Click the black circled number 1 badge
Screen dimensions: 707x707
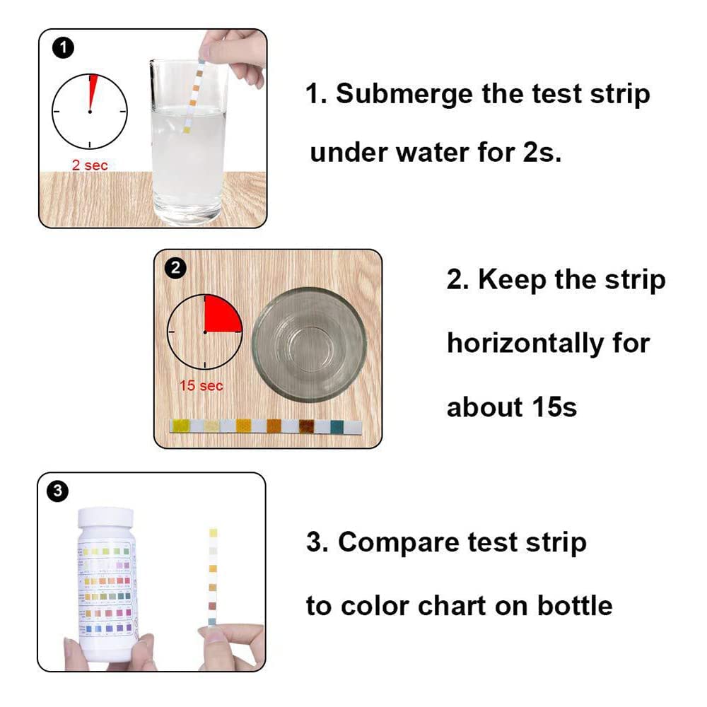pos(64,48)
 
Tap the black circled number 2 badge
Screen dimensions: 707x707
pos(175,268)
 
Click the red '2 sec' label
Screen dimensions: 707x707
pos(90,165)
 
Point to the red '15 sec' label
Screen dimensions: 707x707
pos(201,385)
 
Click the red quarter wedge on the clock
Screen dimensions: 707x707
pos(221,315)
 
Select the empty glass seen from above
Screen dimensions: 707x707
pos(309,345)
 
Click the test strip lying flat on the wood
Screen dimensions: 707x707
pos(266,426)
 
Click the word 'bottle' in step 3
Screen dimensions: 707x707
pos(573,606)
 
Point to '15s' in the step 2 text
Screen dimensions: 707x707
pos(554,407)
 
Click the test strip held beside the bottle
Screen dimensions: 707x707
pos(212,576)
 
